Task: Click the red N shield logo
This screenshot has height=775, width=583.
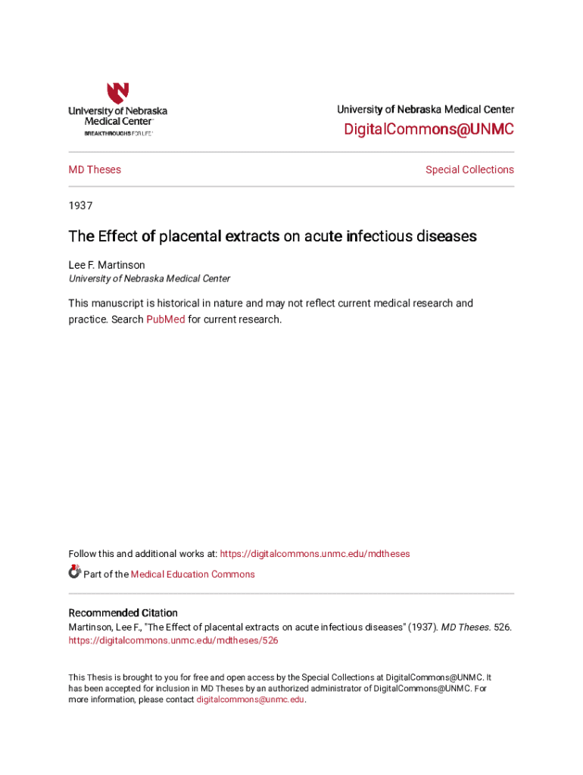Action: pos(117,93)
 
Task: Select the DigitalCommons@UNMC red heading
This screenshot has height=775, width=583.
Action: pos(429,129)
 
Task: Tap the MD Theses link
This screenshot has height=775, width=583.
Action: pos(95,170)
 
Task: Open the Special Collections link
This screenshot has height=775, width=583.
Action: pos(469,170)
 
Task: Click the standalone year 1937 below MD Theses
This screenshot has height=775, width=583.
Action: pos(80,205)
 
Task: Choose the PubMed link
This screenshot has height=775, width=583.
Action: pos(165,319)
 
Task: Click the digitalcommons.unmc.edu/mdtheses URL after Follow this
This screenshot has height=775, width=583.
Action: pos(315,554)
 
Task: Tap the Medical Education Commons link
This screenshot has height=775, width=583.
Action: pos(193,574)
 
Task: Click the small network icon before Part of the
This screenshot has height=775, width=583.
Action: pos(74,572)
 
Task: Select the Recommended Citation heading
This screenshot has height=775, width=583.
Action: pos(123,613)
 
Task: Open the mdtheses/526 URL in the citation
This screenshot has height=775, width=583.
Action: pos(173,640)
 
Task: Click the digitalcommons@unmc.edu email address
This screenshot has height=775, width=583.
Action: pos(251,700)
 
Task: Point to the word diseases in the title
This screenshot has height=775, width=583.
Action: pos(447,236)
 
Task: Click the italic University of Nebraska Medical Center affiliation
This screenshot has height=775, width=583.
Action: pos(150,279)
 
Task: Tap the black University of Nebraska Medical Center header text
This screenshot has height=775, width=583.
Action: pos(426,110)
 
